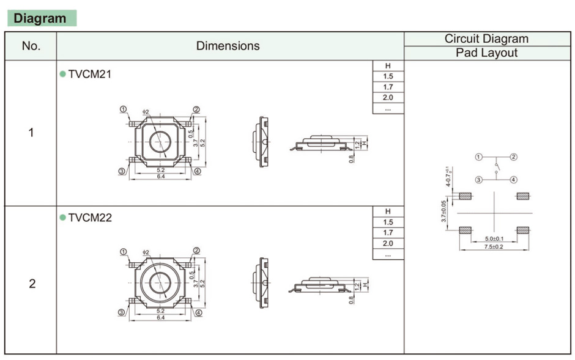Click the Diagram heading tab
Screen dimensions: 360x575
click(40, 18)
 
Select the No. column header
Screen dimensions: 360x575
click(31, 46)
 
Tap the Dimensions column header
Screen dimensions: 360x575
click(228, 46)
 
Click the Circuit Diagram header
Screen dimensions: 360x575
click(486, 39)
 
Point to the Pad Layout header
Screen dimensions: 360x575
click(486, 53)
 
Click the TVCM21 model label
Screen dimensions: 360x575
click(90, 74)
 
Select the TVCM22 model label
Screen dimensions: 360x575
click(90, 218)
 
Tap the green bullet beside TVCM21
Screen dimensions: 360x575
click(62, 74)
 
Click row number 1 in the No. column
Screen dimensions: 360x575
click(31, 133)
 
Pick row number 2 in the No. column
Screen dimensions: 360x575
click(32, 284)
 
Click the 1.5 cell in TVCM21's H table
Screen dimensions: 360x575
click(388, 76)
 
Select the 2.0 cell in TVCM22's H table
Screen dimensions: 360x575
click(388, 244)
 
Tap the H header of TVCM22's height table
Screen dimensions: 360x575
click(388, 211)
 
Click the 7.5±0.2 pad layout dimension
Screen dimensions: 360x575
click(494, 246)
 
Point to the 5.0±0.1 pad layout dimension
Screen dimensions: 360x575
click(494, 238)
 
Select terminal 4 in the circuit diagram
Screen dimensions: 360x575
click(513, 180)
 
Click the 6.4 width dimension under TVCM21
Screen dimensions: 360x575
click(160, 177)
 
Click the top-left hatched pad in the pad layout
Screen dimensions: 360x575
click(466, 196)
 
